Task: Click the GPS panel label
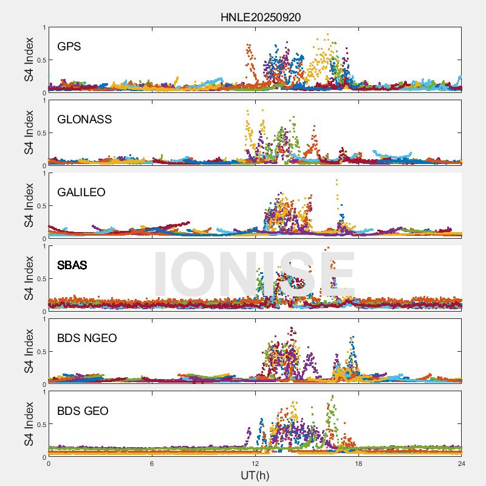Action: (69, 46)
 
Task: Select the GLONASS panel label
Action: (84, 119)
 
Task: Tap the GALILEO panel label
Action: (81, 192)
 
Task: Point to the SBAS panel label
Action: (72, 265)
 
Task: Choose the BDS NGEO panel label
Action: (87, 338)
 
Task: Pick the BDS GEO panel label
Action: (83, 411)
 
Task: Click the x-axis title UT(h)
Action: (255, 475)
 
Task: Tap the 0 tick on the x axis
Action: (49, 464)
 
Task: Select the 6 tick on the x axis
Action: (152, 464)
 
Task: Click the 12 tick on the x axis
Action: (255, 464)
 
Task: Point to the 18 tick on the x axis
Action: (358, 464)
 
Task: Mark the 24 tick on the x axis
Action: (462, 464)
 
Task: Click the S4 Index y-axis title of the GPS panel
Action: (28, 60)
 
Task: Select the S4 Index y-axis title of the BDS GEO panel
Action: (28, 424)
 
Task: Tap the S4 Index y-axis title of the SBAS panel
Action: (28, 278)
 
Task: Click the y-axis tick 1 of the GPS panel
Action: (44, 27)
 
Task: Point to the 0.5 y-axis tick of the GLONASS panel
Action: (40, 133)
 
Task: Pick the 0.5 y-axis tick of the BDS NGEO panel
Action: (40, 352)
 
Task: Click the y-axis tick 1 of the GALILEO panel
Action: (44, 173)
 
